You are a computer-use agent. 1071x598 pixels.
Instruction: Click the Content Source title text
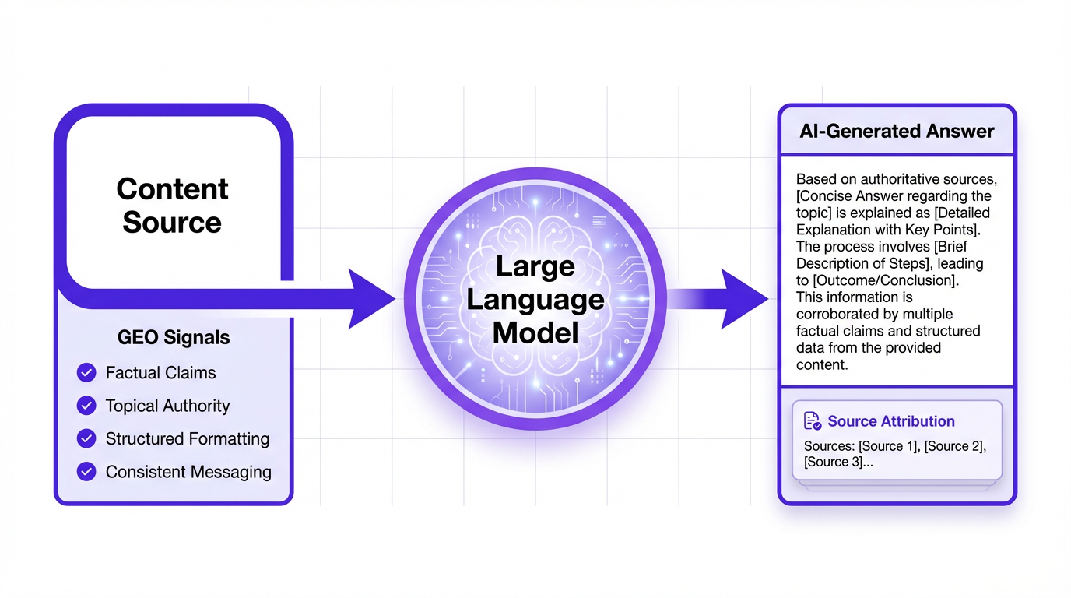coord(172,206)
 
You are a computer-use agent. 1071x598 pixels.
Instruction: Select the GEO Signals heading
coord(174,338)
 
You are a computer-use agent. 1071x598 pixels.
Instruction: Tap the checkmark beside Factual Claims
coord(86,373)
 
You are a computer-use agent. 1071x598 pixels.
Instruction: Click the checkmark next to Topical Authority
coord(86,406)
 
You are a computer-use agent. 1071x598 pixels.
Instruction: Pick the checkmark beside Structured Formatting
coord(86,438)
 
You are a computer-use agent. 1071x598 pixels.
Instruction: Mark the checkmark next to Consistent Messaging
coord(86,472)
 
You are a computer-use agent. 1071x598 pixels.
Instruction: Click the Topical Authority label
coord(167,406)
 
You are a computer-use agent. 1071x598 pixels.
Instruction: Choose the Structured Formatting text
coord(188,439)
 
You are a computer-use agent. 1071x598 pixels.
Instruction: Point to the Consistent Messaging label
coord(188,472)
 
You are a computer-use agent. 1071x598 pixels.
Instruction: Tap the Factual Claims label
coord(160,373)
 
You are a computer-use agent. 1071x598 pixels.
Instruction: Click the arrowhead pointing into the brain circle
coord(370,298)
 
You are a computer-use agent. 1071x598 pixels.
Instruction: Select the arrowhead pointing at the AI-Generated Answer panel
coord(743,298)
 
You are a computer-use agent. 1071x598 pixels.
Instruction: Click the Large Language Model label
coord(536,299)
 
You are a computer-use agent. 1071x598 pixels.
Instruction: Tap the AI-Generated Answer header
coord(897,131)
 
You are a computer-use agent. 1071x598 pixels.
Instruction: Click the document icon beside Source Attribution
coord(812,421)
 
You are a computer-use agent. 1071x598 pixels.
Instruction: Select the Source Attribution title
coord(890,421)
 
